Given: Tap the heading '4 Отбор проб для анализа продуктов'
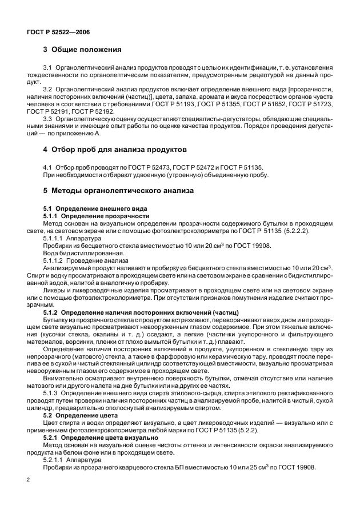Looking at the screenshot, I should pyautogui.click(x=115, y=150).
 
